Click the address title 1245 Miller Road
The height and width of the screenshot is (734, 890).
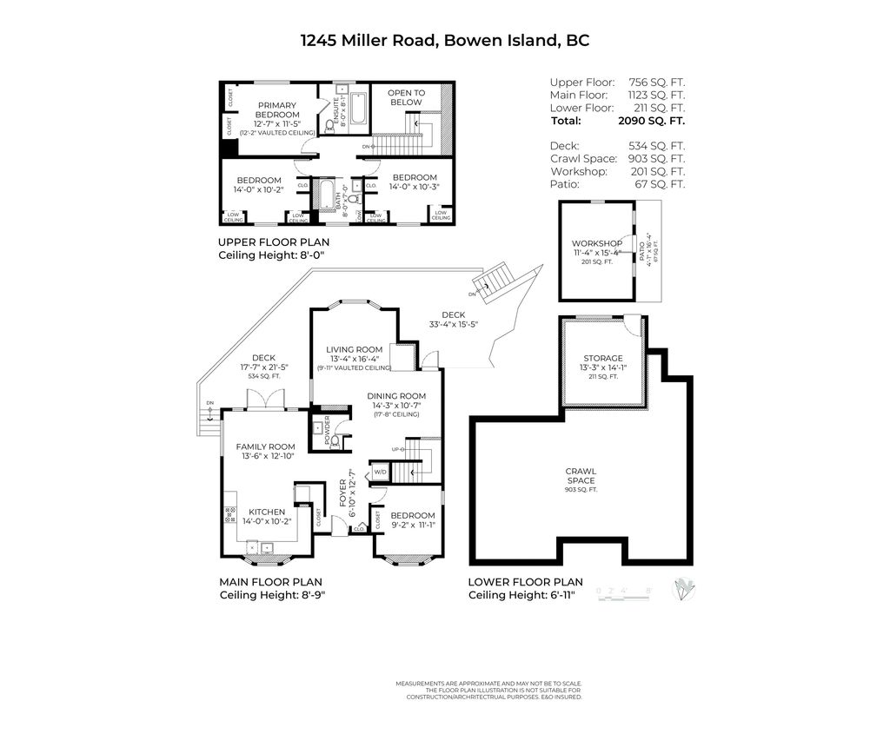click(445, 40)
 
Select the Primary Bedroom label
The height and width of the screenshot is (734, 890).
click(277, 114)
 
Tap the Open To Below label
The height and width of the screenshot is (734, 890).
click(406, 97)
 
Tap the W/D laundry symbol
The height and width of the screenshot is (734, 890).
click(380, 473)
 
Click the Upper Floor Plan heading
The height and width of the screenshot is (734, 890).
click(273, 242)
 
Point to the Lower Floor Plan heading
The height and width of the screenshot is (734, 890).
click(525, 582)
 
